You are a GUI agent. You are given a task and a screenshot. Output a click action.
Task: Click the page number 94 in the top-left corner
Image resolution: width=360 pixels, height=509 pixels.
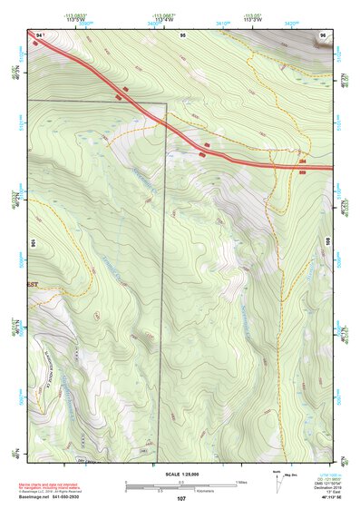coord(39,34)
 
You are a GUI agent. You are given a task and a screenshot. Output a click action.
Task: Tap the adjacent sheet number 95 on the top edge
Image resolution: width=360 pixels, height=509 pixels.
coord(182,34)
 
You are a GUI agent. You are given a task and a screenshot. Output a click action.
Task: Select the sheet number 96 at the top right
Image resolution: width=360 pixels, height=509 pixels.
coord(324,34)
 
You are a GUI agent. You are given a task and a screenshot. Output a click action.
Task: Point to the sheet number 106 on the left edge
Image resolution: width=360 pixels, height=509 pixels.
coord(34,243)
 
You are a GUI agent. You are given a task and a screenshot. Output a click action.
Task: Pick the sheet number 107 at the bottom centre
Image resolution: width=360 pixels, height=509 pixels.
coord(181,498)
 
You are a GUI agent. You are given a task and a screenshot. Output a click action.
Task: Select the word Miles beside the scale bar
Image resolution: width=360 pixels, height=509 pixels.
coord(241,481)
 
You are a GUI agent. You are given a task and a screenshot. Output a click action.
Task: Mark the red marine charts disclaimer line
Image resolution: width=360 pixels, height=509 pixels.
coord(54,485)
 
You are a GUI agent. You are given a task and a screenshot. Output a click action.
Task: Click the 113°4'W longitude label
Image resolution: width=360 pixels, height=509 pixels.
coord(164,19)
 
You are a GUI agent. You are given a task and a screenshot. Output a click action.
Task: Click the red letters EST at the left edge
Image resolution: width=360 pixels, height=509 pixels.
coord(33,284)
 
